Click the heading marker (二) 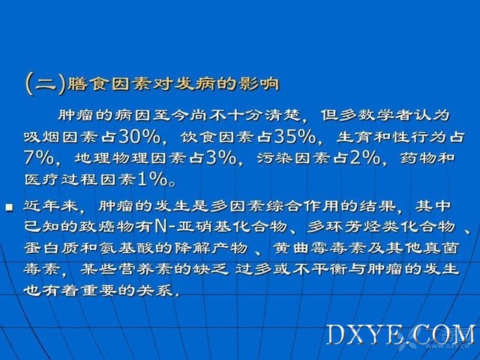click(x=45, y=84)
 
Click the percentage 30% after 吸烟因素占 click(x=139, y=136)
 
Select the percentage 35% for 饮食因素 click(x=295, y=136)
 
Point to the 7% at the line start click(x=38, y=158)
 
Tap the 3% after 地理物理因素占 click(x=221, y=158)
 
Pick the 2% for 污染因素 click(x=364, y=158)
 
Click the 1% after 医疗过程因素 click(x=152, y=179)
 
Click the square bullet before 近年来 click(x=10, y=208)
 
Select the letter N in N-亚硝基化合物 click(x=160, y=226)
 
